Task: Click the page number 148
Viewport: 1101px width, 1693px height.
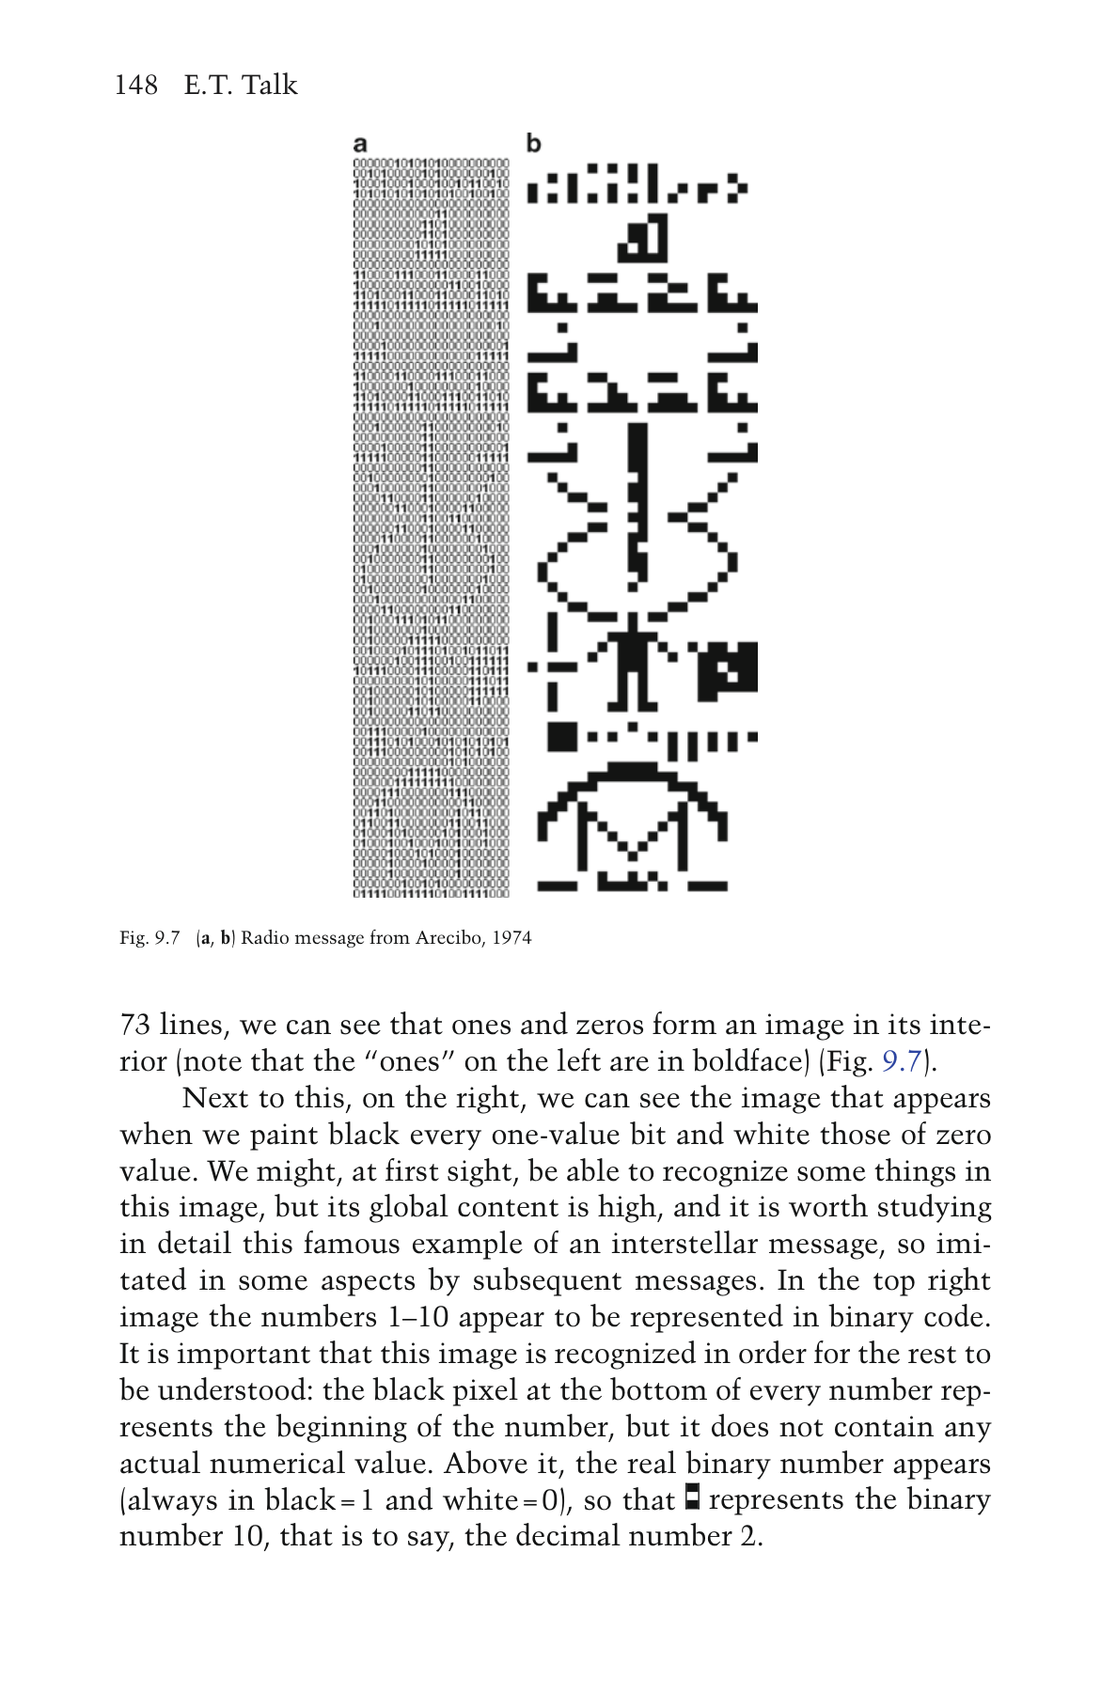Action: [135, 86]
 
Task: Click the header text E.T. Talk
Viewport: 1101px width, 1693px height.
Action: [241, 86]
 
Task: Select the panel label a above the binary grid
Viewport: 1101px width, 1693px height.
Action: [360, 144]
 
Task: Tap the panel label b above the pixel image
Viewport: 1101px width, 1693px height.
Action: [533, 144]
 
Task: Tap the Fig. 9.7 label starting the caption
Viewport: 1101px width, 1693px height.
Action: [149, 938]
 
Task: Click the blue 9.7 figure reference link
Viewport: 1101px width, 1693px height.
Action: [901, 1061]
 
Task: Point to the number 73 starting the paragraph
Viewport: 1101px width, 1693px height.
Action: [136, 1025]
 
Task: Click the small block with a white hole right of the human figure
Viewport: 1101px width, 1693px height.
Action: [728, 669]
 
